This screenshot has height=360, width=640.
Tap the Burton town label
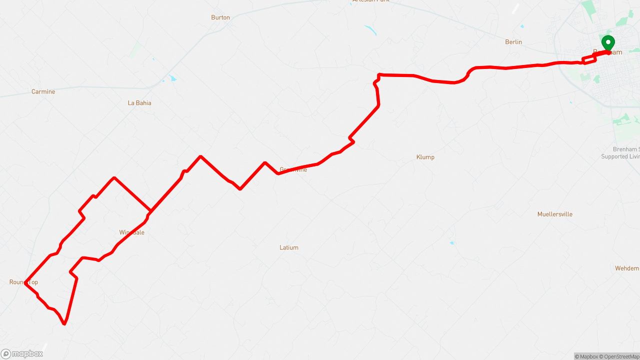tap(220, 17)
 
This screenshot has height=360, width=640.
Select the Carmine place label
tap(43, 92)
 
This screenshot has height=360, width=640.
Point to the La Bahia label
tap(139, 103)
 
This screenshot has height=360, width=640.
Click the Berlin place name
tap(513, 42)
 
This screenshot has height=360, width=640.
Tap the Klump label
tap(425, 157)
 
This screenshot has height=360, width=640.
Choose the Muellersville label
tap(555, 214)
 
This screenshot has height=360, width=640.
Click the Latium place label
tap(289, 247)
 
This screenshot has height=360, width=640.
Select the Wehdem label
tap(627, 268)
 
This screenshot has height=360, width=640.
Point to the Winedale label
tap(132, 232)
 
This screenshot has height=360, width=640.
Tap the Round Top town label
tap(23, 282)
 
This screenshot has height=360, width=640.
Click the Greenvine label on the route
tap(293, 169)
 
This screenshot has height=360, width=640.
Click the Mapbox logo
tap(22, 354)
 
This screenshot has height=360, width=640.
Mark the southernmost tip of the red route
tap(64, 324)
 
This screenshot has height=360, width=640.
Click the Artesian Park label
tap(370, 1)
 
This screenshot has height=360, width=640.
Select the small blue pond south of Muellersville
tap(452, 243)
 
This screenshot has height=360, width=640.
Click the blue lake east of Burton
tap(370, 30)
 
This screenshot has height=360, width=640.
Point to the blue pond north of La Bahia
tap(172, 78)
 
